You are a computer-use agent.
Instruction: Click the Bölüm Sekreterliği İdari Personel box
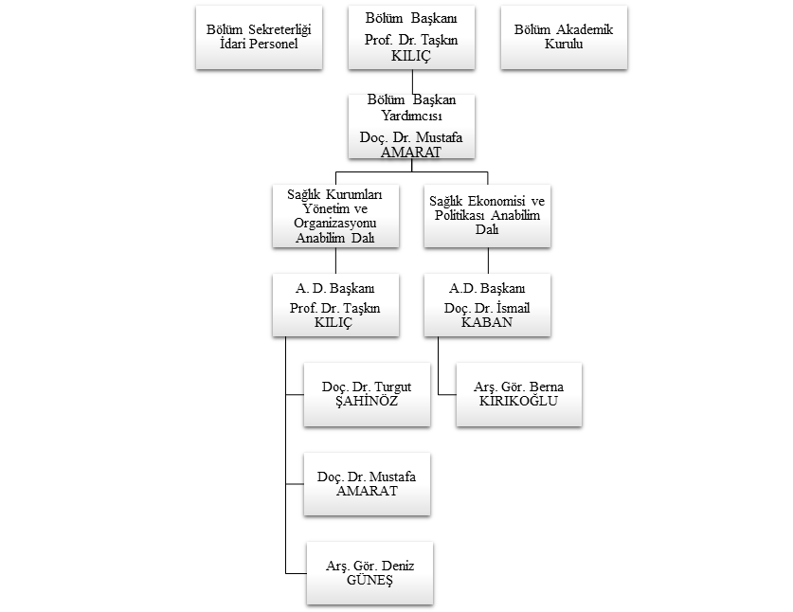[259, 37]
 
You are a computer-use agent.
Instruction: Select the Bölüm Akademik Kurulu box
[563, 37]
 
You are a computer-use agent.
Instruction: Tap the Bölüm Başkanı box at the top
[411, 37]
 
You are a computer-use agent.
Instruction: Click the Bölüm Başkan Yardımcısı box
[411, 125]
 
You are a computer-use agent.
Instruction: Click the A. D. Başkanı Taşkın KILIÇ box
[335, 304]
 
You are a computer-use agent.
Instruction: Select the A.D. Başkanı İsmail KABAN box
[487, 304]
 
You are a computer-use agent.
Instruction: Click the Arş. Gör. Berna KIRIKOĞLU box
[518, 393]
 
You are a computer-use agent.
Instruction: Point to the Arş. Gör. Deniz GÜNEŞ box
[368, 573]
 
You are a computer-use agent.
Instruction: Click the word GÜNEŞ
[368, 582]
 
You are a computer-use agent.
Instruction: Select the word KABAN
[487, 322]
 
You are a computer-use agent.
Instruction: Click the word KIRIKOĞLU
[518, 402]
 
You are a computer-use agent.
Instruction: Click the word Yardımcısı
[411, 117]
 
